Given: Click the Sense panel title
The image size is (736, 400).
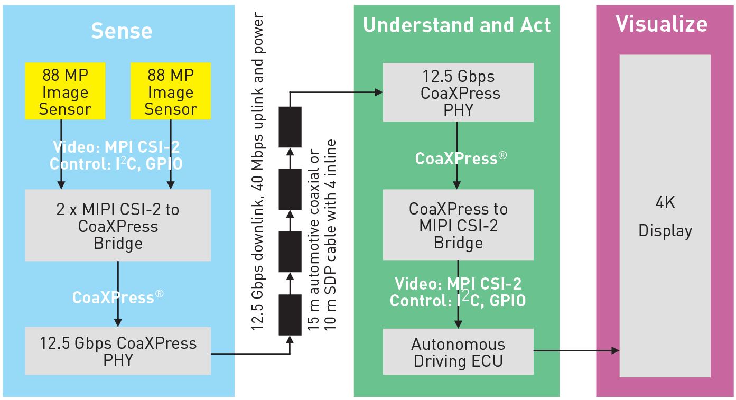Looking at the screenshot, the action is (122, 31).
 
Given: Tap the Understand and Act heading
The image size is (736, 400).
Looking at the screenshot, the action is (456, 25).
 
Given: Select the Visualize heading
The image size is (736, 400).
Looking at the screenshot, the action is (662, 24).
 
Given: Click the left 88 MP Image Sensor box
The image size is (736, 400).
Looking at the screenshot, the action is (66, 91).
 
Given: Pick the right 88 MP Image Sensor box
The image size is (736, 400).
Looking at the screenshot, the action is (171, 91).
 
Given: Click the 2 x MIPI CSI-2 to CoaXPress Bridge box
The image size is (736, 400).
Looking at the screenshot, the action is (118, 225).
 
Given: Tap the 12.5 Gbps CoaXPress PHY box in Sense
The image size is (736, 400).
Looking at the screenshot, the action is (118, 351).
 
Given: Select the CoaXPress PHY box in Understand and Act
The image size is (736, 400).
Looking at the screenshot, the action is (459, 92).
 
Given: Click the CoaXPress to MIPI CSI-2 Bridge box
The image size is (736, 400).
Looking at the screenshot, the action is (459, 225).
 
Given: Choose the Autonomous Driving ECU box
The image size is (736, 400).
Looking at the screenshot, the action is (459, 352).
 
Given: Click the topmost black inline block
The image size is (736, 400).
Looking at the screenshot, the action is (290, 127).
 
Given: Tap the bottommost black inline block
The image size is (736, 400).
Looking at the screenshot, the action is (290, 314).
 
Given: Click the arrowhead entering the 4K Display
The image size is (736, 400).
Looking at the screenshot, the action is (616, 350).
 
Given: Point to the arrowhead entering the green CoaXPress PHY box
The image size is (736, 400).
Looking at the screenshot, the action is (379, 92).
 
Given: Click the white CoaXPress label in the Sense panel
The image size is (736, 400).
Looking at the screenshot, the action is (118, 297).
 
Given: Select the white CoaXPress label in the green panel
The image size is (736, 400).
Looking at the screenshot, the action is (461, 159).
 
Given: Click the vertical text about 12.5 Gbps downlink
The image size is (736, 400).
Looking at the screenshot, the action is (257, 171).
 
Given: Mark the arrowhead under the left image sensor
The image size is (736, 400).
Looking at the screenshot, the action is (61, 185).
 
